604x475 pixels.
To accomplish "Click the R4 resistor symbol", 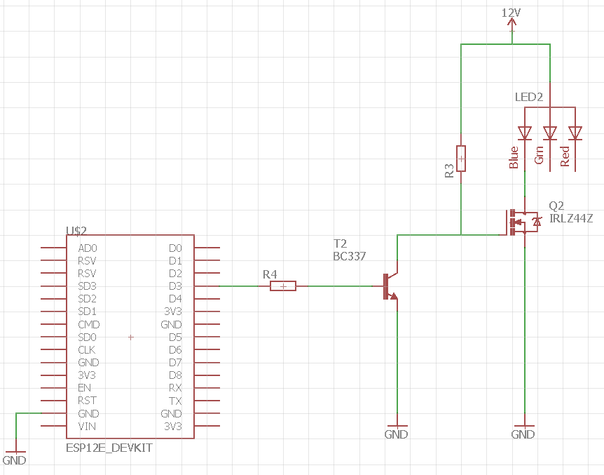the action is coord(283,286).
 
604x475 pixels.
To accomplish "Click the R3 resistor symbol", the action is coord(460,159).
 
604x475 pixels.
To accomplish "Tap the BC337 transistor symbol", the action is coord(390,286).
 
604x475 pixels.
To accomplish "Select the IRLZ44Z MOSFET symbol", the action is coord(521,222).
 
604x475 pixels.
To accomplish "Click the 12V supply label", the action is coord(512,13).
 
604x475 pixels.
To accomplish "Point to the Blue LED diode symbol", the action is coord(525,133).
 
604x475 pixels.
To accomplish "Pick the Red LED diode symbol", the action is coord(575,133).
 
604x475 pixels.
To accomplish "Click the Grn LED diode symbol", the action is coord(549,133).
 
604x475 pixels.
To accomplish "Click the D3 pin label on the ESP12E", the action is coord(175,286).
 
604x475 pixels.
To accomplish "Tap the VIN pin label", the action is coord(87,427).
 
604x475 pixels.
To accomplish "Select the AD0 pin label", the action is coord(88,248).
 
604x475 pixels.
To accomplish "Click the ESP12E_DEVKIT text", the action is coord(109,448).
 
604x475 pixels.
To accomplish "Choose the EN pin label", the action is coord(84,388).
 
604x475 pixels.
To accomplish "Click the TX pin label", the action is coord(175,401).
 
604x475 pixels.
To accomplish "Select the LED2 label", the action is coord(529,97).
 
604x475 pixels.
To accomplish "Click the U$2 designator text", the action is coord(76,231).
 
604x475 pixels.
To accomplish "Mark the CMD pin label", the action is coord(89,325).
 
